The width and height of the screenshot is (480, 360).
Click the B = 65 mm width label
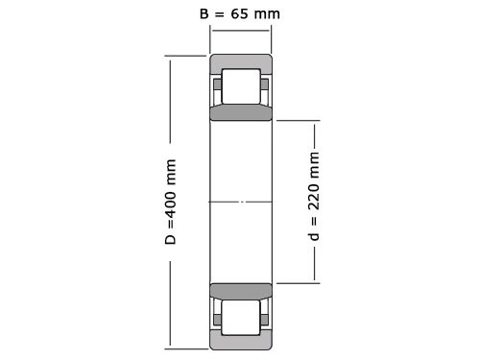[x=240, y=13]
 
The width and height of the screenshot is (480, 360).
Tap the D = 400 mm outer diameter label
[x=172, y=201]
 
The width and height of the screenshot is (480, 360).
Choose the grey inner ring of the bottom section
[x=240, y=289]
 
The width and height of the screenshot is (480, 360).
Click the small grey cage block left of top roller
[x=218, y=86]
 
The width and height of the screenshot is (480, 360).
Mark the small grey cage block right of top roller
[x=263, y=86]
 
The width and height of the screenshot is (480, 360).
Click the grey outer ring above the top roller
[x=240, y=62]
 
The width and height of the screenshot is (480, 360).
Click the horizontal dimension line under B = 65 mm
[x=240, y=32]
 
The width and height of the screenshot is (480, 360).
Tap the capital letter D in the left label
[x=172, y=238]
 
